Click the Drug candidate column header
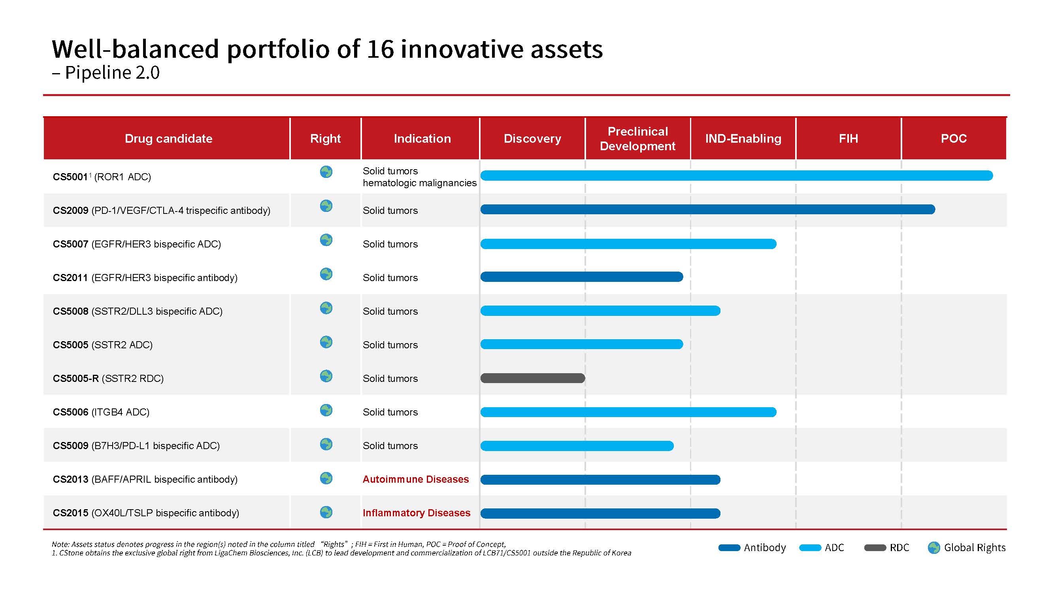168,139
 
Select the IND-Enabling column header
743,139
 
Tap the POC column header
953,139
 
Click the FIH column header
848,139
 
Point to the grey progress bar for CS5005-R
532,378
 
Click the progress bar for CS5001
737,176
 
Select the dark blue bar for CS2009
707,210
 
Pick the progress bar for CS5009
577,446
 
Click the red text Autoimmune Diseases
416,479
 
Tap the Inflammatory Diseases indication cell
417,513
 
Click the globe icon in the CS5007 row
326,240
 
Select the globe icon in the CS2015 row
326,512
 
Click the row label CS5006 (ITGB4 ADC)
101,412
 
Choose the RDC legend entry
887,548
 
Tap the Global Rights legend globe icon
934,548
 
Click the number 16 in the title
380,49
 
